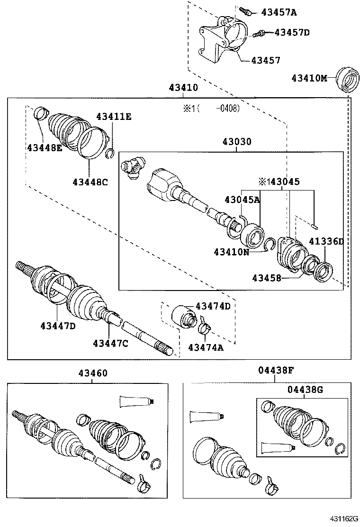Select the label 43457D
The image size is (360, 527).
tap(292, 33)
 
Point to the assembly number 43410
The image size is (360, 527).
tap(183, 88)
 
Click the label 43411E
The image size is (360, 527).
tap(114, 117)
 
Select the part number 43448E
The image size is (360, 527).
tap(44, 148)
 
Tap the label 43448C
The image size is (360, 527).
tap(90, 181)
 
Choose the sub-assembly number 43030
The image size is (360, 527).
tap(237, 142)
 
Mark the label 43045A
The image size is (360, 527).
tap(242, 200)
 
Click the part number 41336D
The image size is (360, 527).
tap(326, 242)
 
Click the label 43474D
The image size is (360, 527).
tap(213, 306)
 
